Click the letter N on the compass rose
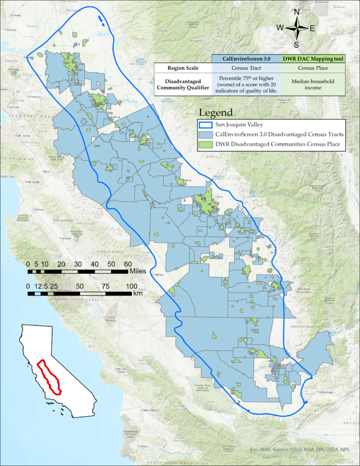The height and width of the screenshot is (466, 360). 297,12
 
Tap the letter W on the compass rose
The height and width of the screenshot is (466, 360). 280,28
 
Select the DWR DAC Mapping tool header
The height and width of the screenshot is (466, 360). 313,60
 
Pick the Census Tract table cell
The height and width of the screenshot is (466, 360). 247,68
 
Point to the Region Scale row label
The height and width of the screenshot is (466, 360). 182,68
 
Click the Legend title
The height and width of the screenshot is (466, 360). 216,112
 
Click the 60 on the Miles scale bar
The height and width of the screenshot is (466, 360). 127,265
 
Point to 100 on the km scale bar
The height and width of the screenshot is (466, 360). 131,286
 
